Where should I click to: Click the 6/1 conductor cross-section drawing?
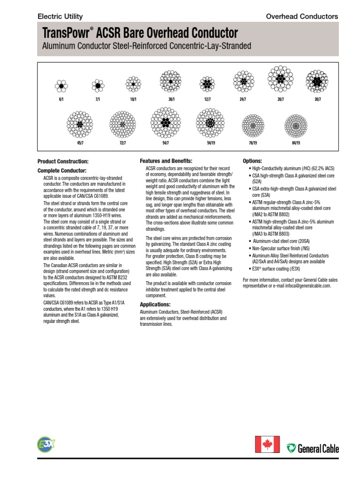click(60, 85)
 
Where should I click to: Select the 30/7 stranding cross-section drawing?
click(317, 82)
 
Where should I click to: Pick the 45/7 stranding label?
click(80, 142)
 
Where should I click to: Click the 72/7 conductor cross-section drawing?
click(122, 125)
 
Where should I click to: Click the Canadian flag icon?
click(267, 443)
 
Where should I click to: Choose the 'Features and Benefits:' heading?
click(166, 161)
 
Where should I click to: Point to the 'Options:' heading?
click(252, 161)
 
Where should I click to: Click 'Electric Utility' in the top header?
click(60, 16)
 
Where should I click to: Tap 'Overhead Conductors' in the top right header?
click(302, 16)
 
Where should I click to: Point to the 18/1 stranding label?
click(133, 100)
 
